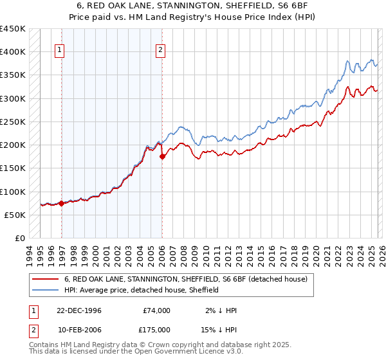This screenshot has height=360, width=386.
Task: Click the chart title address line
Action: click(x=193, y=6)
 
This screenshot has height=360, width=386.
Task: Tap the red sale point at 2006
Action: click(x=161, y=156)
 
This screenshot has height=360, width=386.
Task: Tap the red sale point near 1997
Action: click(x=62, y=203)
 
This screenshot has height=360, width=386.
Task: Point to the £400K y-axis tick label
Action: click(x=13, y=52)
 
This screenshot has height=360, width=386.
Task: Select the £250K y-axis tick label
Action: click(x=13, y=122)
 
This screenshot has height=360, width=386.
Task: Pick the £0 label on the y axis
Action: click(x=20, y=238)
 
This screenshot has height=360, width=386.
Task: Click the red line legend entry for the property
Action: click(x=186, y=279)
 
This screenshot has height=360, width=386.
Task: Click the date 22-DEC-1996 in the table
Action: click(x=74, y=310)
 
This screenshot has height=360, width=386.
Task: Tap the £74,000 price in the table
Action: click(x=157, y=310)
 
